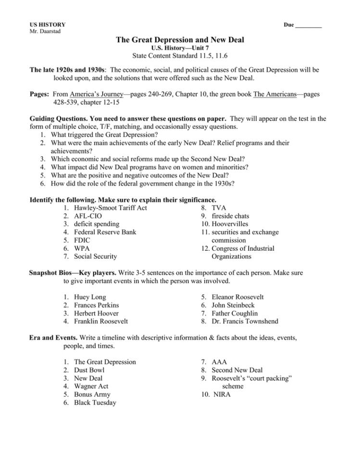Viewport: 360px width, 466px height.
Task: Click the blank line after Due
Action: point(308,25)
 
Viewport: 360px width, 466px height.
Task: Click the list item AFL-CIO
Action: point(88,216)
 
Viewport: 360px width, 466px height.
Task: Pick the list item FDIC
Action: point(83,240)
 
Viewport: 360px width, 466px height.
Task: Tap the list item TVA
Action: point(219,208)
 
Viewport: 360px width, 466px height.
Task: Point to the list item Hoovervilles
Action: point(231,224)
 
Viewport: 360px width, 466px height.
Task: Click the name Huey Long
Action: point(90,297)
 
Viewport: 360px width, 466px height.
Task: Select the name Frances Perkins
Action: point(97,305)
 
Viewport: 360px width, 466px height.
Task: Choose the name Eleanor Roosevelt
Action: point(237,297)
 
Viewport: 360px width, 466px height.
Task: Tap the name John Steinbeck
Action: point(233,305)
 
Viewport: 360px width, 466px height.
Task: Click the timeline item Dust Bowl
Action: point(89,370)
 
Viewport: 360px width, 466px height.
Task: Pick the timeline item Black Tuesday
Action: point(95,403)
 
